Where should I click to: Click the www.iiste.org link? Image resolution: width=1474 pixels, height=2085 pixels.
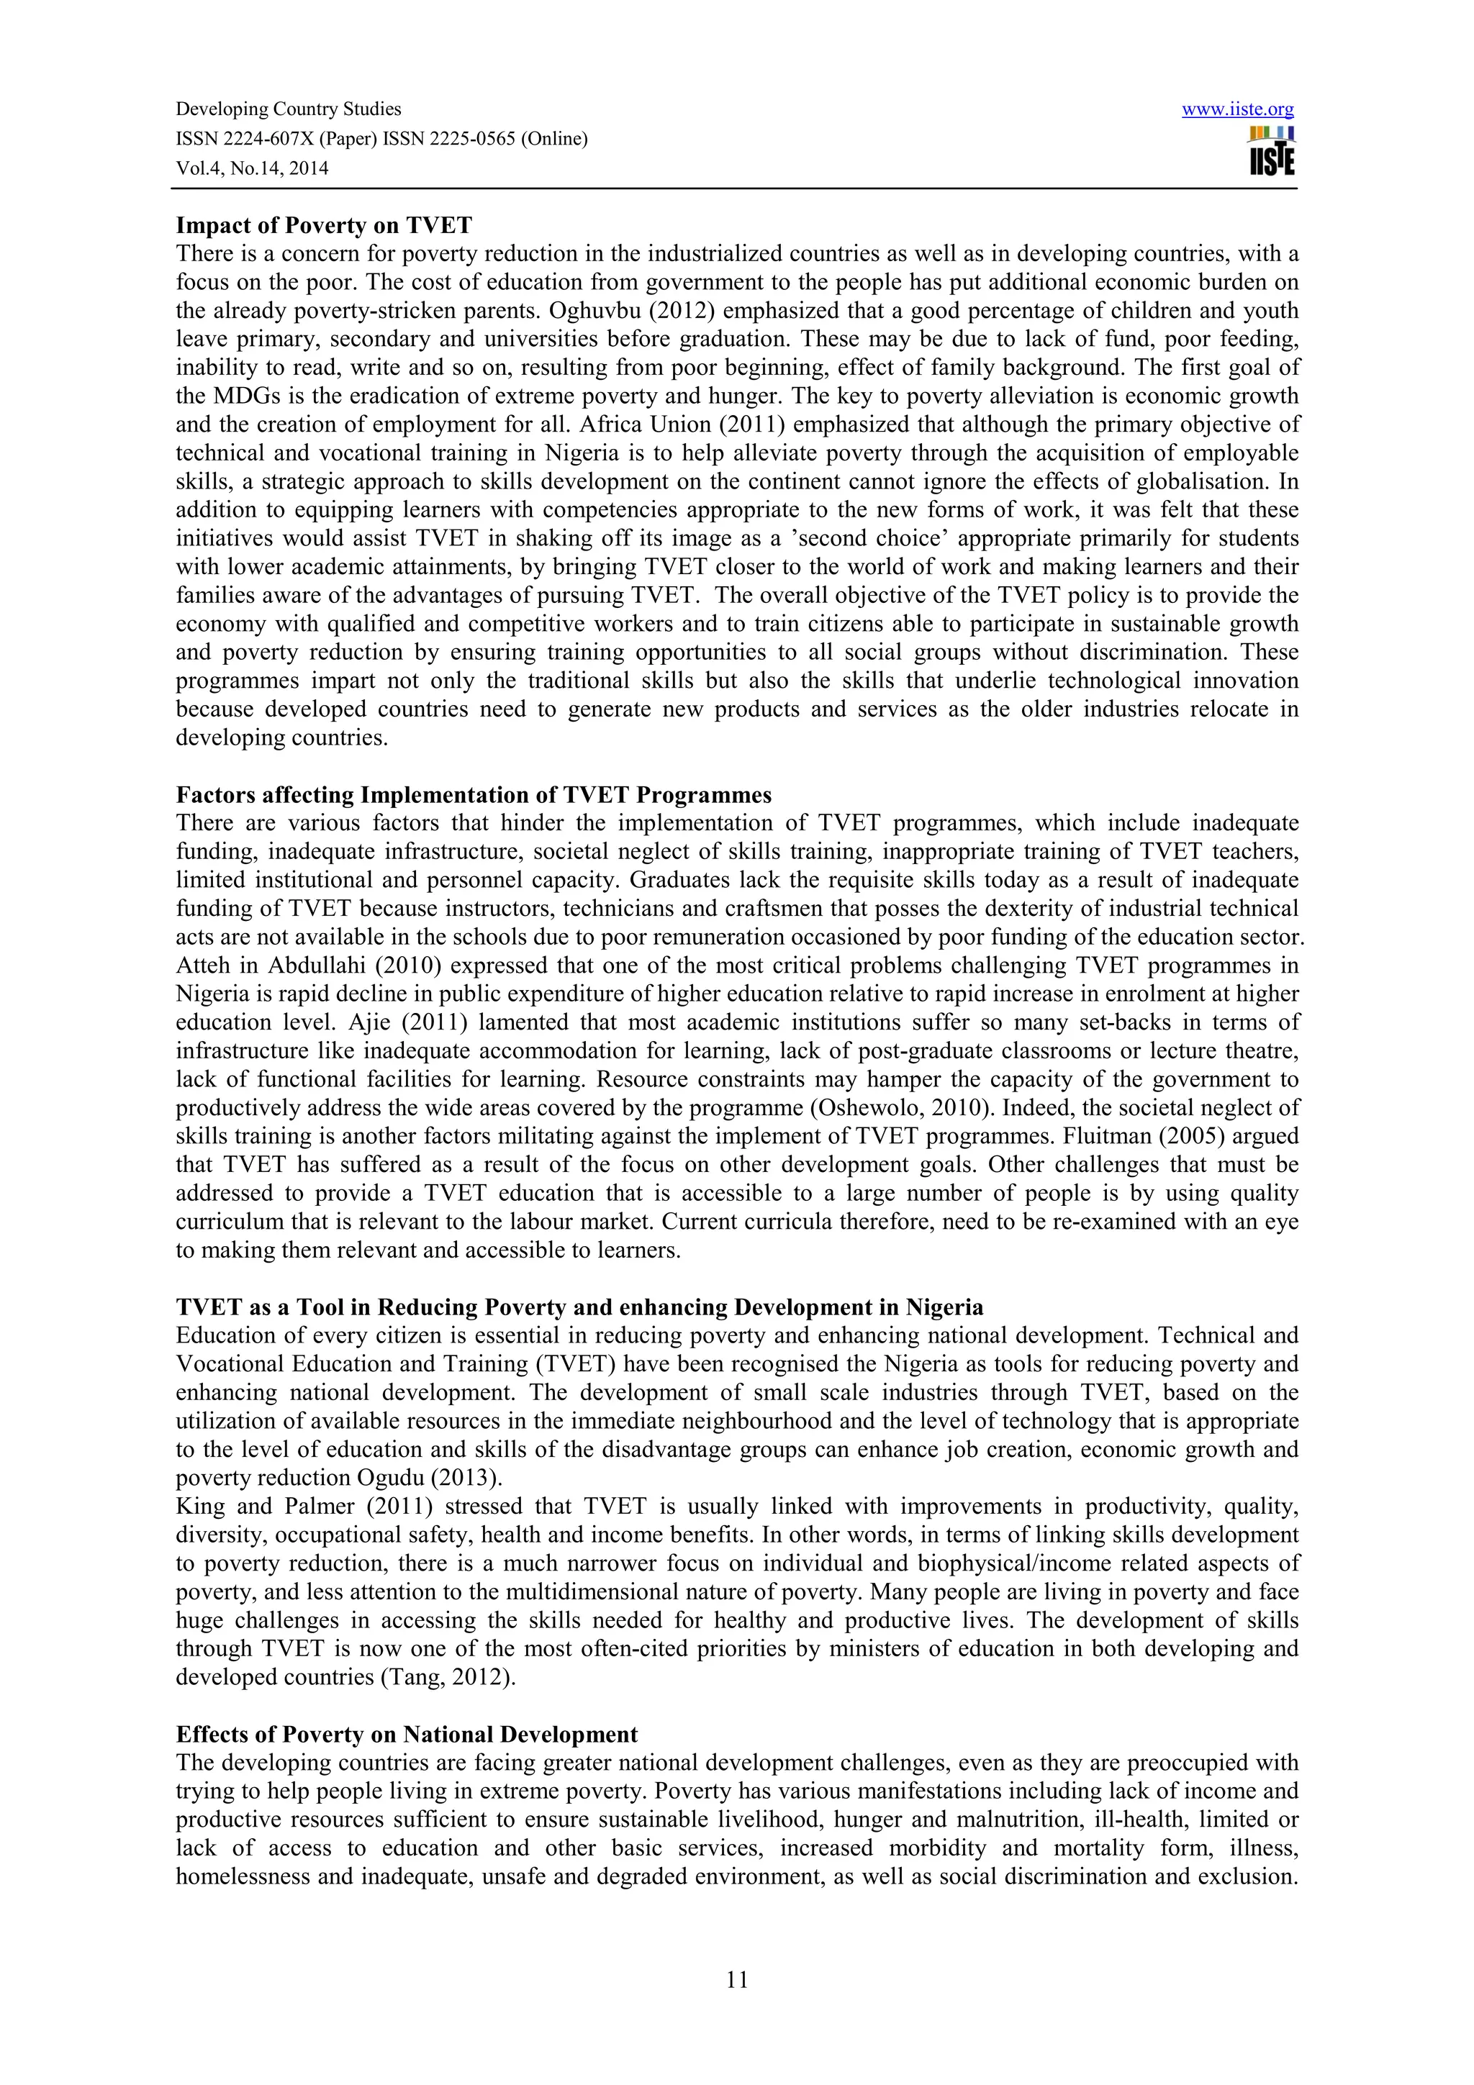click(x=1237, y=110)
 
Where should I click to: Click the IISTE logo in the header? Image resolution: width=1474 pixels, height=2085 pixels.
click(x=1272, y=152)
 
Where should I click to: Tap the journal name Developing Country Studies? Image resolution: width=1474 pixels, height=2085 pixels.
click(x=288, y=110)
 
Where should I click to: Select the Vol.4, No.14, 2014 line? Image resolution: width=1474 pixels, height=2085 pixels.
click(x=252, y=168)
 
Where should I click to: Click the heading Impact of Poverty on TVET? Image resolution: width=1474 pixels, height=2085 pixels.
click(x=323, y=225)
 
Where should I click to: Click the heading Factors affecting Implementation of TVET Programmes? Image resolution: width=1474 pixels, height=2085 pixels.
click(x=473, y=796)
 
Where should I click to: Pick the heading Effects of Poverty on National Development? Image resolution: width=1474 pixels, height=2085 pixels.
click(x=406, y=1735)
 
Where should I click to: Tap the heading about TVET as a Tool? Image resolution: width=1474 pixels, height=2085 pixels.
click(x=579, y=1308)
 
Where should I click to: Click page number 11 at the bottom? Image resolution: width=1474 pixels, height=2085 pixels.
click(x=736, y=1980)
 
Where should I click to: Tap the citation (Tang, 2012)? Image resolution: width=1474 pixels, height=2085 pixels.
click(x=445, y=1677)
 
